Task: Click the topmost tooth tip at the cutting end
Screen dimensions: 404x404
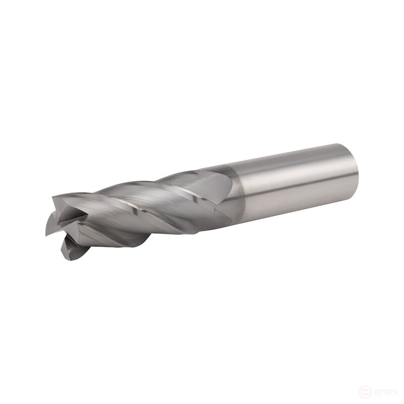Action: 53,197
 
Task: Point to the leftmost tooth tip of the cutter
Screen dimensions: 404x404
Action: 46,235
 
